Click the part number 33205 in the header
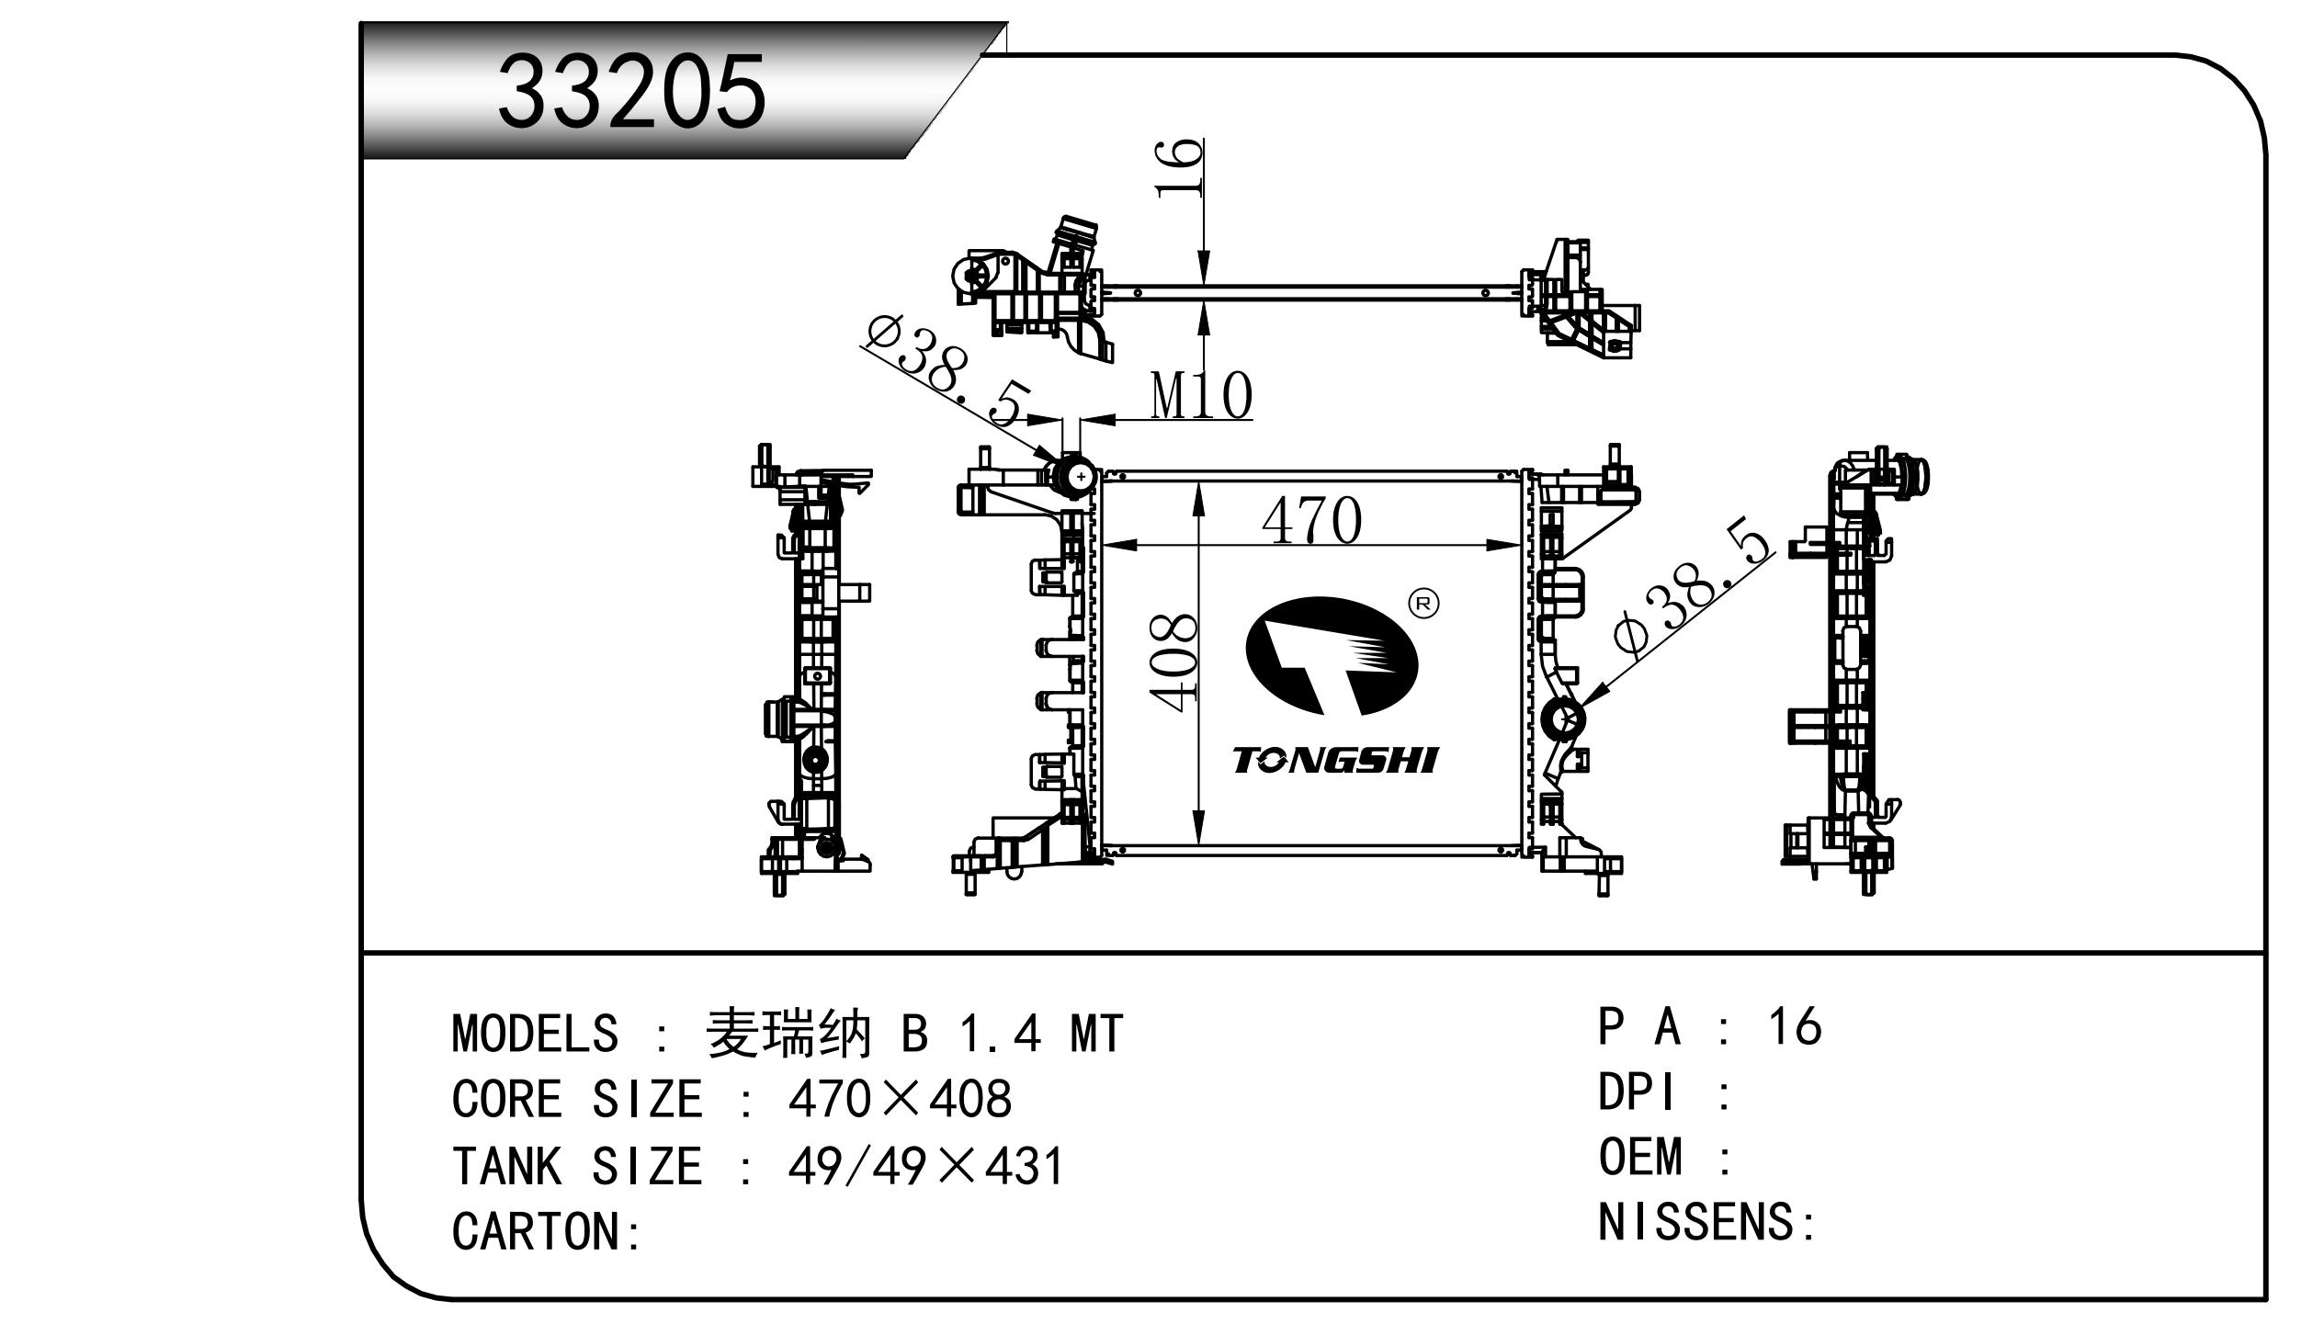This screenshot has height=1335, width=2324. coord(631,92)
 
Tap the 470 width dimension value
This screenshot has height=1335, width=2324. coord(1311,521)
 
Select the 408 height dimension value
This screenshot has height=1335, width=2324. coord(1175,662)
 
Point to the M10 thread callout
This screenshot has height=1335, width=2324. coord(1201,396)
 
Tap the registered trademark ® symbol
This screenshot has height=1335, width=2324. coord(1423,604)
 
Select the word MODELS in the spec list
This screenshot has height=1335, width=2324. coord(535,1034)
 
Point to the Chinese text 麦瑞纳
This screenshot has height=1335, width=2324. coord(787,1034)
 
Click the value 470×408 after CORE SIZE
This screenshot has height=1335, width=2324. coord(900,1098)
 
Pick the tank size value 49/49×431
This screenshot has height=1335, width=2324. coord(925,1166)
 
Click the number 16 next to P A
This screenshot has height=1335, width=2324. coord(1794,1026)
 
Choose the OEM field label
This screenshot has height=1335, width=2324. coord(1641,1157)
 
